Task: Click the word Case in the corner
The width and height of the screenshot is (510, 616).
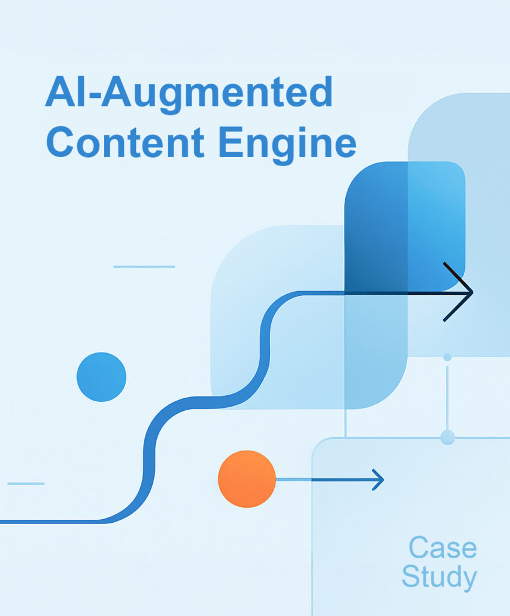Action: click(x=443, y=548)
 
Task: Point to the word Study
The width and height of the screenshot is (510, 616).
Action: click(x=439, y=577)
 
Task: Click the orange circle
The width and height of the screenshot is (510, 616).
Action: click(x=247, y=479)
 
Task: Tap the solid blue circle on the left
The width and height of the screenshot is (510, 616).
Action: click(x=102, y=377)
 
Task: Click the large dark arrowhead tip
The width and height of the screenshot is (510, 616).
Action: click(x=472, y=292)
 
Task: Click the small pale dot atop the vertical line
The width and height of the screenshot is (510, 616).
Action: click(x=447, y=357)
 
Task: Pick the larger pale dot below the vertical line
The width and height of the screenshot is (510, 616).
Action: click(x=447, y=437)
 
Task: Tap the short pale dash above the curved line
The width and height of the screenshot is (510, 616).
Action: click(x=144, y=266)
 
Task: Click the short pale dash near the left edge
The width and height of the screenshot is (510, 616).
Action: click(x=26, y=483)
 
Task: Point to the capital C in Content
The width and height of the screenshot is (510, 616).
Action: click(x=63, y=143)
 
